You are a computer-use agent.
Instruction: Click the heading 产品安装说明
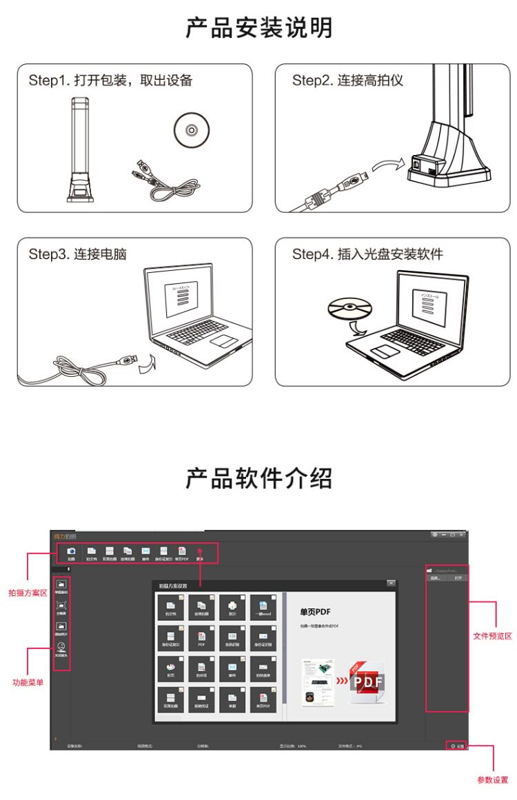pos(258,28)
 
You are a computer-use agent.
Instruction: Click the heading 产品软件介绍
pos(258,478)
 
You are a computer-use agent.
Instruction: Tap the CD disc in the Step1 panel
pos(187,129)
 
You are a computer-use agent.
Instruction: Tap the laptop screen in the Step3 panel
pos(181,296)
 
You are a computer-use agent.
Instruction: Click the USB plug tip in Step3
pos(133,360)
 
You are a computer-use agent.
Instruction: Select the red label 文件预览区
pos(492,636)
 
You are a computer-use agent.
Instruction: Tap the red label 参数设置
pos(492,779)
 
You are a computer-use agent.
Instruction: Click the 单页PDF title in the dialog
pos(316,611)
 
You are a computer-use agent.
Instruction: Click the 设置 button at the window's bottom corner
pos(458,746)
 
